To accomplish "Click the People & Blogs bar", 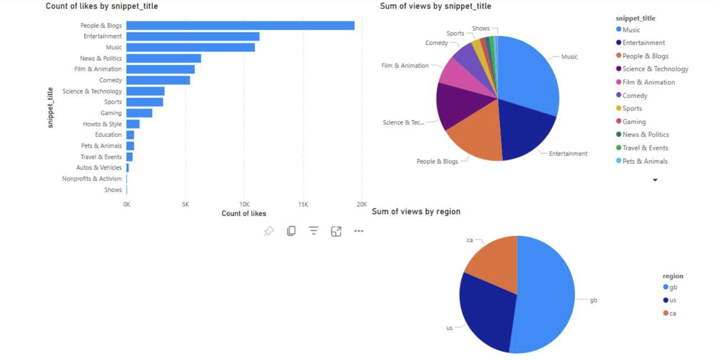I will click(240, 25).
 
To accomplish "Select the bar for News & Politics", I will click(163, 58).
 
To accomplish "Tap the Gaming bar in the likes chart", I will click(139, 113).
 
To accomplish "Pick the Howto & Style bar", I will click(133, 124).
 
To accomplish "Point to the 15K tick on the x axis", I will click(303, 204).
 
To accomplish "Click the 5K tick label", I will click(185, 204).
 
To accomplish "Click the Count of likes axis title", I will click(244, 213).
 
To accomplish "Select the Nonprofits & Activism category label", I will click(92, 179).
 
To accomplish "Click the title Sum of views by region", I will click(416, 212).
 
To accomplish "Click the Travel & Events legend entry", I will click(645, 148).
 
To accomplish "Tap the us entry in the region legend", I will click(672, 300).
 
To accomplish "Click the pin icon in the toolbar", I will click(269, 231).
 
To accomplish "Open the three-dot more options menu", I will click(358, 231).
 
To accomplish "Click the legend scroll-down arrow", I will click(655, 180).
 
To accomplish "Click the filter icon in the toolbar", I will click(314, 231).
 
